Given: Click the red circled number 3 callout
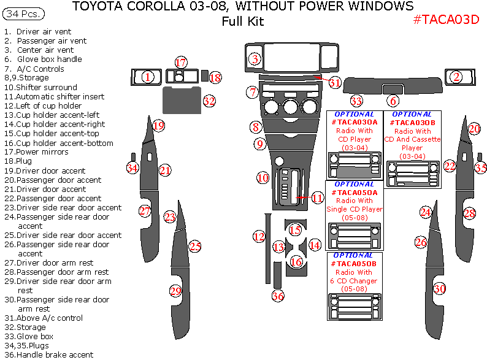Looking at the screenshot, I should pyautogui.click(x=255, y=59).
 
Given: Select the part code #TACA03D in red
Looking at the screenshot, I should pyautogui.click(x=446, y=19).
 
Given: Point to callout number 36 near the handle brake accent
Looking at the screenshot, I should pyautogui.click(x=278, y=296).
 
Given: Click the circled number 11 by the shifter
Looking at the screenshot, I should pyautogui.click(x=316, y=198).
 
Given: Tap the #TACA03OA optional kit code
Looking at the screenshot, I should pyautogui.click(x=354, y=122).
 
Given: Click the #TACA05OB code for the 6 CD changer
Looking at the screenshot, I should pyautogui.click(x=354, y=263).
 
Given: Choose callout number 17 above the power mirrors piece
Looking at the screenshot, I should pyautogui.click(x=180, y=63).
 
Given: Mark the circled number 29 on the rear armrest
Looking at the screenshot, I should pyautogui.click(x=175, y=291).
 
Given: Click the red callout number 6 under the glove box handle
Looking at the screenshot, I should pyautogui.click(x=393, y=101).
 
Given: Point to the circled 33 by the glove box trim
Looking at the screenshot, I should pyautogui.click(x=356, y=101).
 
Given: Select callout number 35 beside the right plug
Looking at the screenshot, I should pyautogui.click(x=481, y=167).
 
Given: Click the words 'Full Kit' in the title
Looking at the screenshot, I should pyautogui.click(x=242, y=22).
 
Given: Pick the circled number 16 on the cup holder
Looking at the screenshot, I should pyautogui.click(x=296, y=262).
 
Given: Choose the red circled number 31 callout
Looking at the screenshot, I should pyautogui.click(x=334, y=82).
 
